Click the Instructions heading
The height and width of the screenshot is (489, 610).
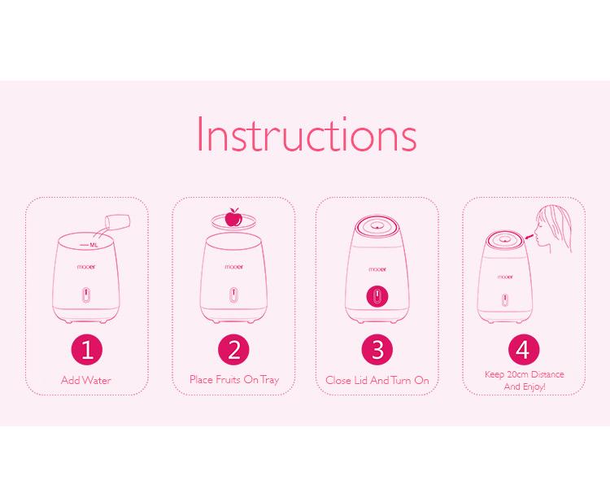(307, 134)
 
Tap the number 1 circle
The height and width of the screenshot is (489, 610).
(87, 349)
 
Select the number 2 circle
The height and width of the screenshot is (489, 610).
(233, 349)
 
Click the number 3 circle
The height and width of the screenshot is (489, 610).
(377, 349)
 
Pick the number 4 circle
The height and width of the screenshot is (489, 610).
(524, 349)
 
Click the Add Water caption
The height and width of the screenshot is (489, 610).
(86, 380)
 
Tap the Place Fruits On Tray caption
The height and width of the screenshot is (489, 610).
(234, 380)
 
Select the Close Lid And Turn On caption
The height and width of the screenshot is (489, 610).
(377, 380)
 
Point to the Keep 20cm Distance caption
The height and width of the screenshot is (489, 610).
(525, 374)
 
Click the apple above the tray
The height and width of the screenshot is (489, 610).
(233, 217)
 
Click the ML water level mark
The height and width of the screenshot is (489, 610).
(89, 245)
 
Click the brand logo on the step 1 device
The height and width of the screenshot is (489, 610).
(86, 267)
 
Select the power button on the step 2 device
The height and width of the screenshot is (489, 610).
(233, 295)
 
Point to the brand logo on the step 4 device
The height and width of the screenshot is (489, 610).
(505, 277)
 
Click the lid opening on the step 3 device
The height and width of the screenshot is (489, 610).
(377, 225)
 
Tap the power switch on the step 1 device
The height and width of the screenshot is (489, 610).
(86, 295)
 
